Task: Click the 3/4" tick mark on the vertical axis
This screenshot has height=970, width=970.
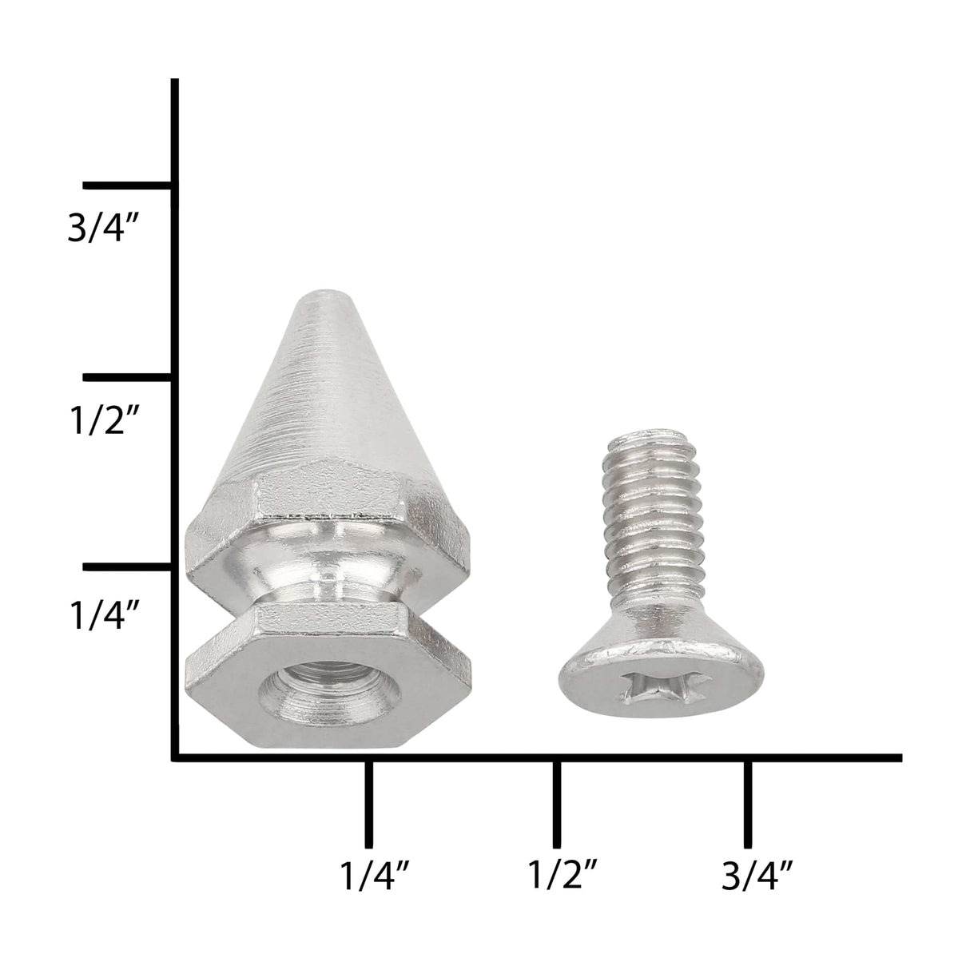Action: pos(129,185)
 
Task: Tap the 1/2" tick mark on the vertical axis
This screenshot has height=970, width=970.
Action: pos(129,377)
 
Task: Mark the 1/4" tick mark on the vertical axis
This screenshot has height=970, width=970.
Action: pos(129,566)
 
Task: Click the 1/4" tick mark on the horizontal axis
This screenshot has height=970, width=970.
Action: pos(369,805)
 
